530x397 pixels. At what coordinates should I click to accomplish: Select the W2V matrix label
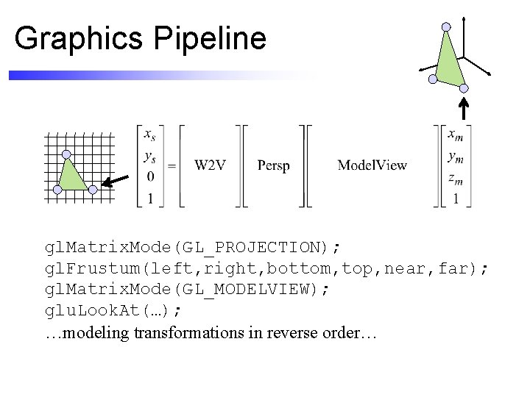(210, 165)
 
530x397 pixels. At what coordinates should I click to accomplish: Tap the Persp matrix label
(274, 165)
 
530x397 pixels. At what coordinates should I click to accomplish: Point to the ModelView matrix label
(372, 165)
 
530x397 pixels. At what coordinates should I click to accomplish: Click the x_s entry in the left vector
(150, 135)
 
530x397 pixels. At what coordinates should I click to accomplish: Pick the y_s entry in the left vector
(150, 156)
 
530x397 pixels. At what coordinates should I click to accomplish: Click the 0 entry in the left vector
(150, 177)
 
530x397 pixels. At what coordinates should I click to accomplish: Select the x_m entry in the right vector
(456, 135)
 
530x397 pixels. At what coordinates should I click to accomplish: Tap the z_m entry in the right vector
(456, 177)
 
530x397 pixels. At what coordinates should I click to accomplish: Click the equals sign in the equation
(172, 166)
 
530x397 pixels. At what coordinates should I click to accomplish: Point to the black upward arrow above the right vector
(464, 107)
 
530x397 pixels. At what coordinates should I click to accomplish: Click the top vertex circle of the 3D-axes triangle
(445, 26)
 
